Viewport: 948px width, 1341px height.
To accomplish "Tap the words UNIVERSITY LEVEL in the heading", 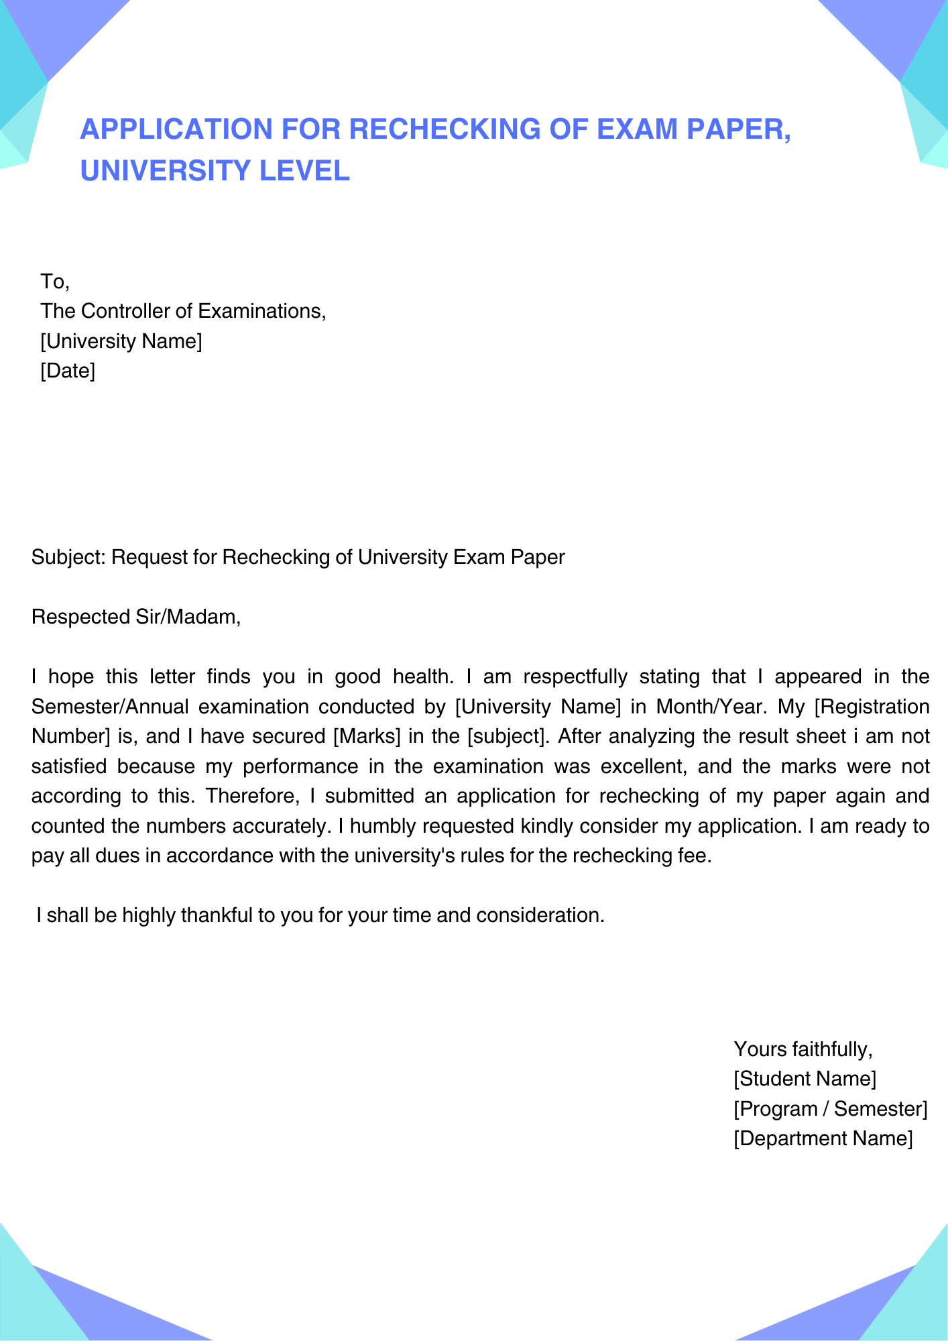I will [215, 170].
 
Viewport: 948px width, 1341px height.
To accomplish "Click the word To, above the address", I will [55, 281].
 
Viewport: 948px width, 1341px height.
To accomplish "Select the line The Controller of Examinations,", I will [183, 311].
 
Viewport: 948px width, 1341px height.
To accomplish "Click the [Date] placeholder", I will [68, 371].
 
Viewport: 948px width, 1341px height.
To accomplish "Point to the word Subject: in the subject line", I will [68, 557].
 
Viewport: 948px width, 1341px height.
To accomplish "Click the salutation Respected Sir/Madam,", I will [136, 617].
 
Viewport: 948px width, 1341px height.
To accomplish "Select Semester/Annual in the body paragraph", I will [110, 707].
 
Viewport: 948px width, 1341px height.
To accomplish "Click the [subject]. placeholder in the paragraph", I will [509, 736].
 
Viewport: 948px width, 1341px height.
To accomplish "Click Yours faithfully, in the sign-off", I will [803, 1049].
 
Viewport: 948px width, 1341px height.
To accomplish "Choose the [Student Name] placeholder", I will [805, 1079].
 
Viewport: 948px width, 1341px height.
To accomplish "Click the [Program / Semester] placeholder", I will [830, 1109].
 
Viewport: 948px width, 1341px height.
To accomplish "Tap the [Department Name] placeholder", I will [823, 1139].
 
